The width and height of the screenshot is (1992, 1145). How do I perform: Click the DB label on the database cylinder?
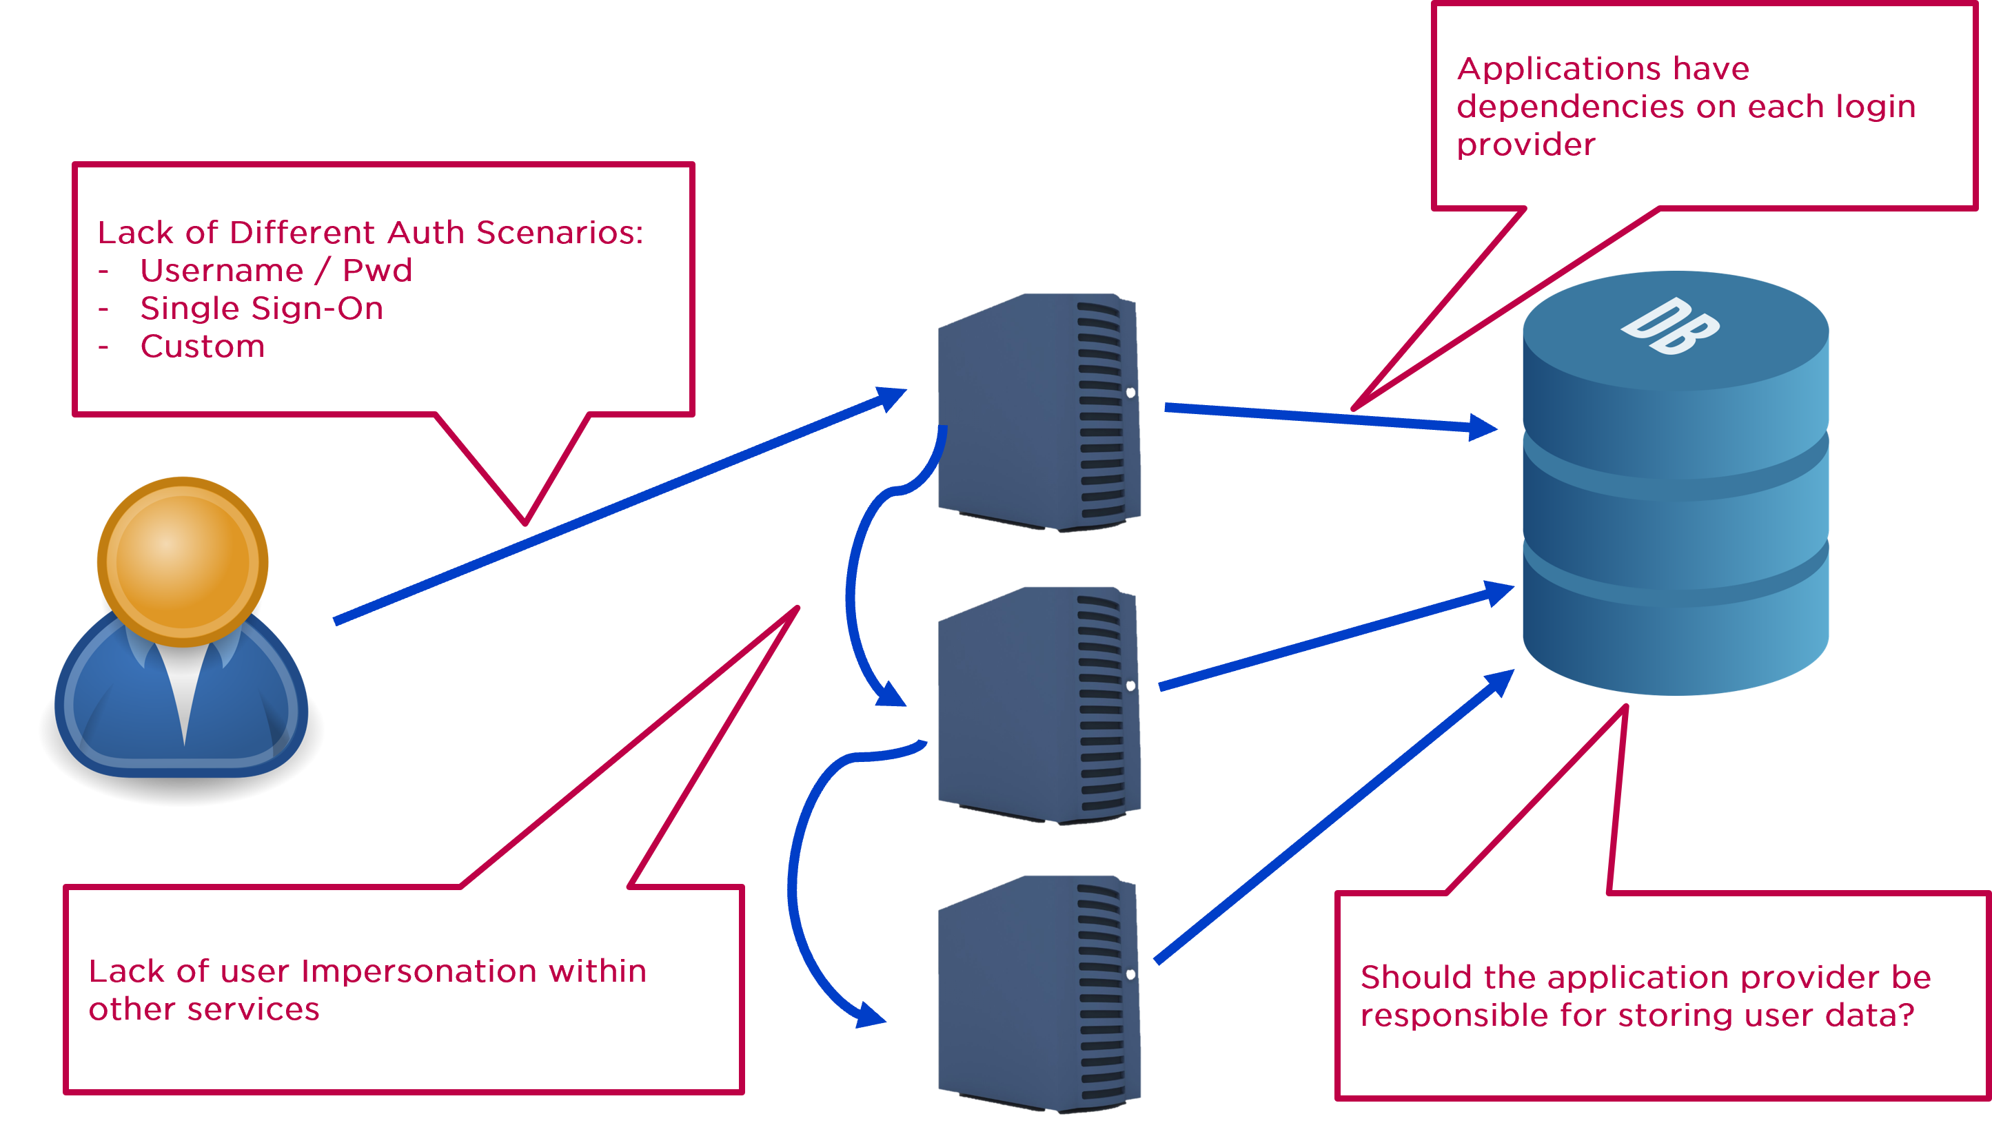tap(1670, 327)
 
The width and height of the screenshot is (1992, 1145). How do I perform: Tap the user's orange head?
tap(183, 561)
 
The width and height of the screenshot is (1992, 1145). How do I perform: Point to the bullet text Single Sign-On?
tap(261, 308)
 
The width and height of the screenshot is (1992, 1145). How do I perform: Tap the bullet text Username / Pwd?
tap(275, 271)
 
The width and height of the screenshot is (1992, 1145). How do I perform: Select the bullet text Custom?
tap(202, 347)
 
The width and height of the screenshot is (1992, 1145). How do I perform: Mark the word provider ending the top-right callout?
tap(1525, 145)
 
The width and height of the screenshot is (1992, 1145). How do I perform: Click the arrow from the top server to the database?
tap(1322, 417)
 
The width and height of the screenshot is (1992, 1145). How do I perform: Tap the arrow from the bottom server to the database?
tap(1330, 818)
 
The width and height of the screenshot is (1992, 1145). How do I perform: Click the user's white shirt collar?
tap(183, 684)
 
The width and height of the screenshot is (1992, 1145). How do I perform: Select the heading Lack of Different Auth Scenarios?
tap(369, 233)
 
